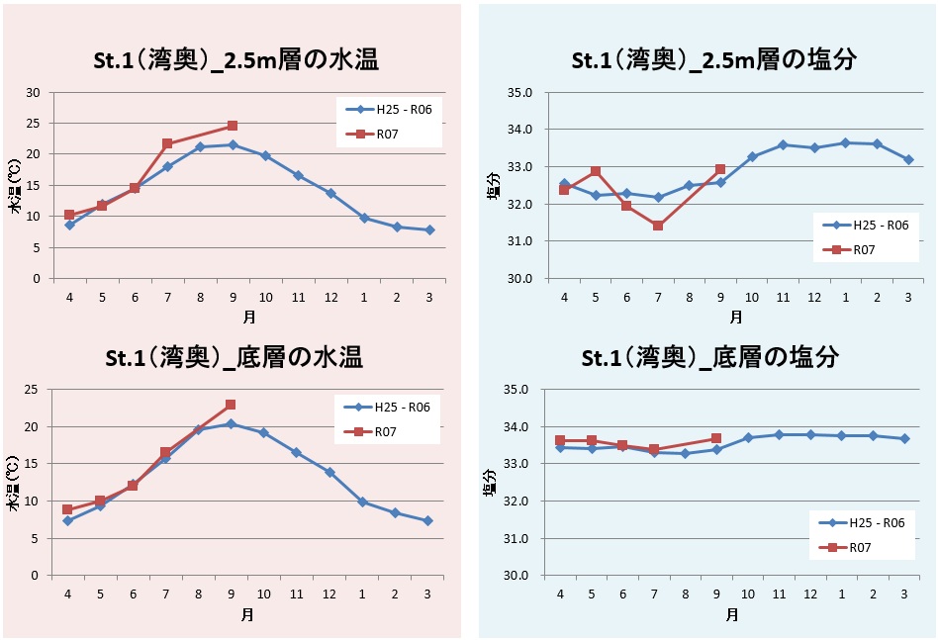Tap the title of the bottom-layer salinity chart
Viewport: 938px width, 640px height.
click(710, 357)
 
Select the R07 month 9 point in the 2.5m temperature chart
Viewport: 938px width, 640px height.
click(232, 126)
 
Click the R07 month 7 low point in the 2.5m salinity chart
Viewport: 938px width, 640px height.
click(658, 226)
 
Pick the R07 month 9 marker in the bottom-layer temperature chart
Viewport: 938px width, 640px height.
click(231, 405)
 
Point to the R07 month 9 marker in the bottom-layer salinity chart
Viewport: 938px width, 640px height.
click(716, 438)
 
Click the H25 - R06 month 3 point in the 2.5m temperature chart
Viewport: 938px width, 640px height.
click(428, 229)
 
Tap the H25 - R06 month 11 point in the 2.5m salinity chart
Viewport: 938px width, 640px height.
click(783, 144)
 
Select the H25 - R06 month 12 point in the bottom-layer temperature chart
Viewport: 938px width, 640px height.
click(330, 472)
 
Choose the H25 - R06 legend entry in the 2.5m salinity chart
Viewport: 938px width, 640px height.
click(863, 225)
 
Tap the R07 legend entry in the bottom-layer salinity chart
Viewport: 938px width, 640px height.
click(863, 548)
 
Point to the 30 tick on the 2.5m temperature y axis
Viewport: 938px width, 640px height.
click(34, 93)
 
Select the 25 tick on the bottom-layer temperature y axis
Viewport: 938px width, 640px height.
click(34, 390)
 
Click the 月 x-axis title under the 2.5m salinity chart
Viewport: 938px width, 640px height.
click(735, 317)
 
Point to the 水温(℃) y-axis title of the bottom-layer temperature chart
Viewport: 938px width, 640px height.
click(14, 485)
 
